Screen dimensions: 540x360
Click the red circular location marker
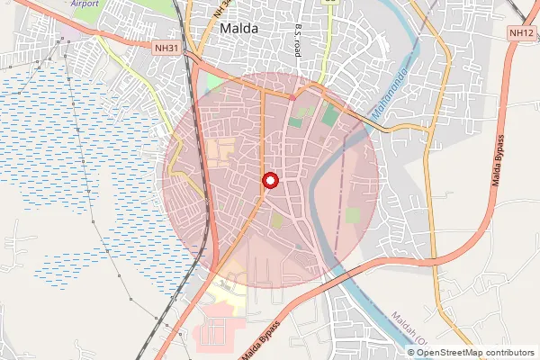pos(269,181)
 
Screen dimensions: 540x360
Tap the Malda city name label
pos(238,29)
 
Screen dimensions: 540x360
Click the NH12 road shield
pos(521,32)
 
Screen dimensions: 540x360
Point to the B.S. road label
pos(297,40)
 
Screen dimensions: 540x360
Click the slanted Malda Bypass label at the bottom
pos(260,340)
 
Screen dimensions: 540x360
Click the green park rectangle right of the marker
pos(352,216)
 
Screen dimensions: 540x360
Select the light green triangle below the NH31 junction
pos(214,84)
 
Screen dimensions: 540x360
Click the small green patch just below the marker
pos(277,220)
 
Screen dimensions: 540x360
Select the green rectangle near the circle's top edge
pos(331,116)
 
